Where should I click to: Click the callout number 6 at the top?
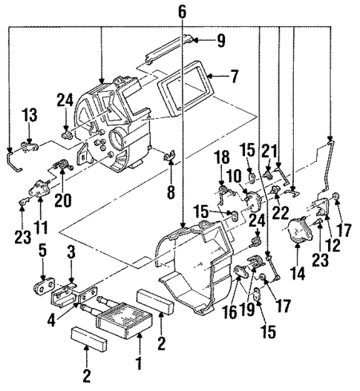tap(183, 11)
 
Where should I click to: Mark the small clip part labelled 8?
tap(168, 157)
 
